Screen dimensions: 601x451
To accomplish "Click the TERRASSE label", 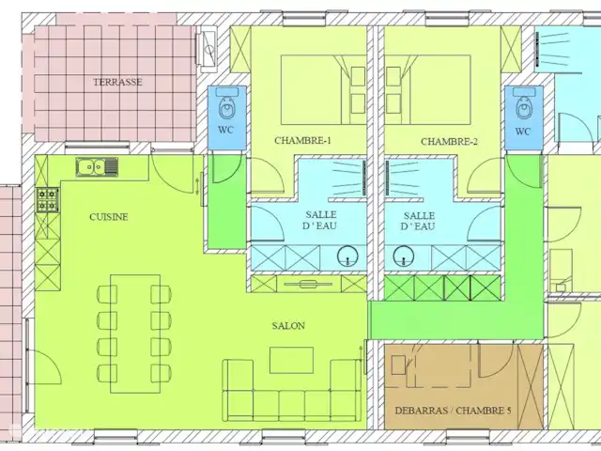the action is (117, 82).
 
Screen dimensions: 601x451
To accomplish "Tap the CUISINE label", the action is (109, 217).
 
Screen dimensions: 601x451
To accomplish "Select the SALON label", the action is (288, 326).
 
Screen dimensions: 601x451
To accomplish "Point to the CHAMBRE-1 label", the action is (302, 141).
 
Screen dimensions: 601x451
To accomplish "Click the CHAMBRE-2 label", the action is (449, 142).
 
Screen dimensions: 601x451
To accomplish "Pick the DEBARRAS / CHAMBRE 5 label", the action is (453, 411).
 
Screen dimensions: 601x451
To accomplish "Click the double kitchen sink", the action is (97, 167).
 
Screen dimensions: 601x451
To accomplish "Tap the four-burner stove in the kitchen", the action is (48, 199).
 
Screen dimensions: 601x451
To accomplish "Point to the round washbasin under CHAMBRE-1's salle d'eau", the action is (348, 257).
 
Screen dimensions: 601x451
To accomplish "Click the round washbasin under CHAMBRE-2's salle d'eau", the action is (404, 257).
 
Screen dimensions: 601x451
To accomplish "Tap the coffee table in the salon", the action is (291, 360).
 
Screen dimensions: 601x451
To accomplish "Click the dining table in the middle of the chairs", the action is (135, 334).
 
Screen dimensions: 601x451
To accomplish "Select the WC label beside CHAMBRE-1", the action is (225, 130).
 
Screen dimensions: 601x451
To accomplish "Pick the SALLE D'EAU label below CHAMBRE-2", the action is (419, 222).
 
